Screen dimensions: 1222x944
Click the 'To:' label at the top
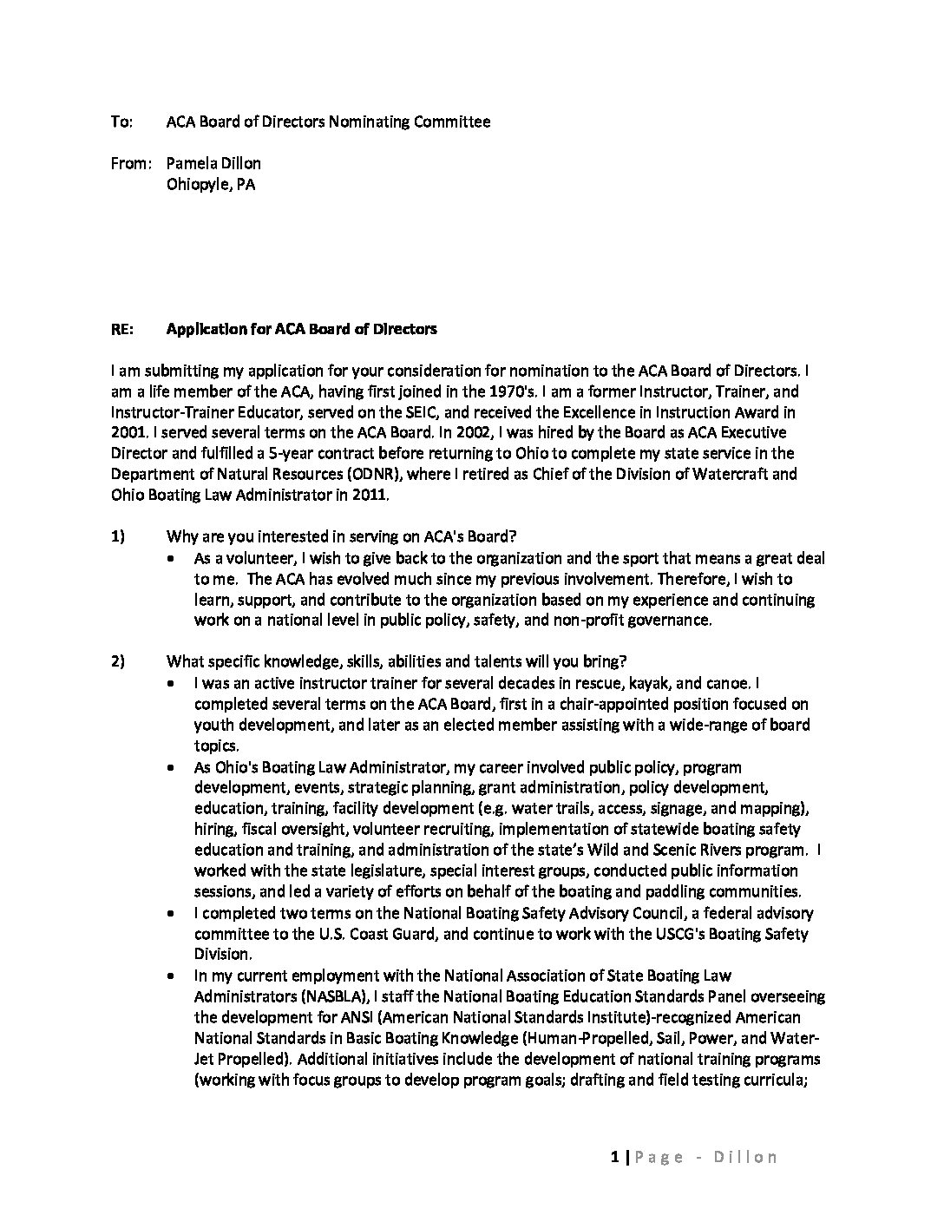tap(121, 122)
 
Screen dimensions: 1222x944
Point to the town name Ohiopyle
tap(198, 184)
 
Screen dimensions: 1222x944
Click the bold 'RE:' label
tap(122, 329)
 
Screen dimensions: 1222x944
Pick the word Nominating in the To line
tap(368, 122)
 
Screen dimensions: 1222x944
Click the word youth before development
tap(213, 725)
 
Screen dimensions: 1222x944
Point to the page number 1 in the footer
tap(614, 1157)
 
